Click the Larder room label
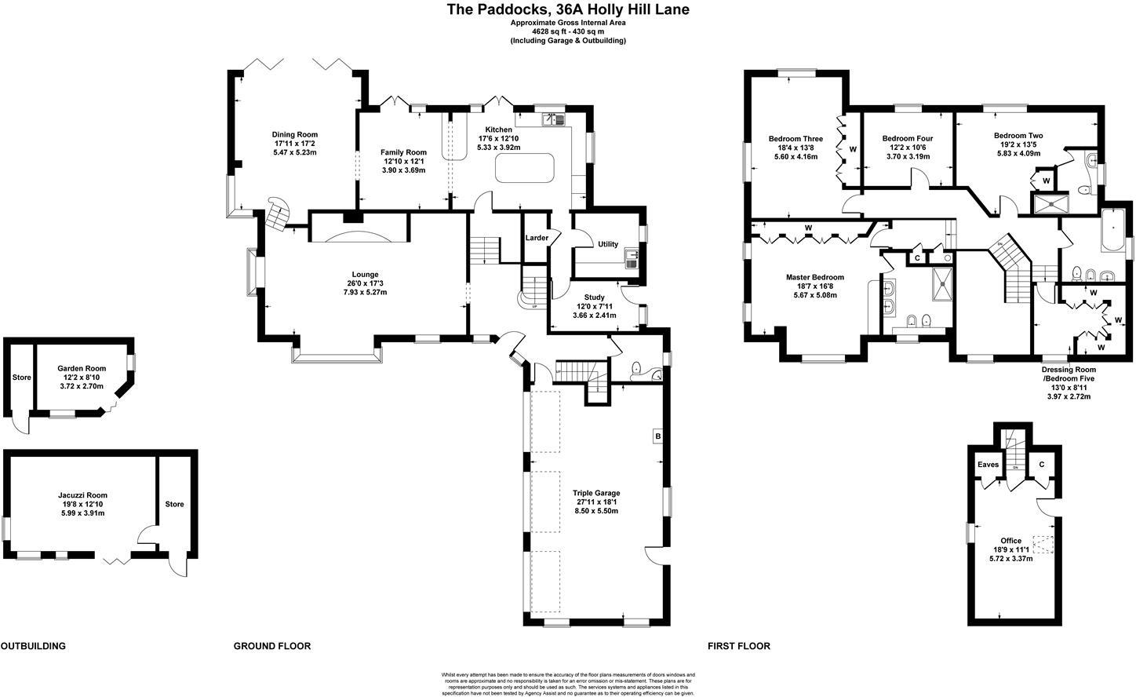537,238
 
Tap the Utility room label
608,245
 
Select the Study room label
595,297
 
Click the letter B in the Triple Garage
657,436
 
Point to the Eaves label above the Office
988,465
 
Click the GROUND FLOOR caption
272,647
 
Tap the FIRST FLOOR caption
739,647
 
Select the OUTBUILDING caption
33,647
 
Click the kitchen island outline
526,167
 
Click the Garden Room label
82,368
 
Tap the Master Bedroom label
815,277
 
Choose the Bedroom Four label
907,138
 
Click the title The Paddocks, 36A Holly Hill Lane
568,10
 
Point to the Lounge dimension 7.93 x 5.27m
365,292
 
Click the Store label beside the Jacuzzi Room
174,504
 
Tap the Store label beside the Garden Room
21,378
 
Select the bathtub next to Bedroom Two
1113,231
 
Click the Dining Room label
295,135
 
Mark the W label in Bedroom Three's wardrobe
852,149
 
